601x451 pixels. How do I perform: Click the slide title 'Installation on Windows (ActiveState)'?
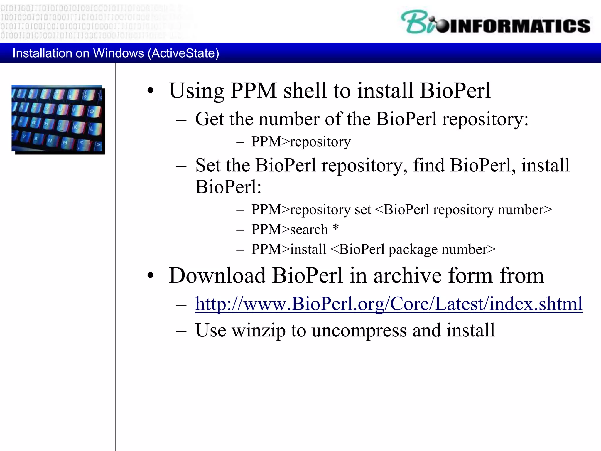point(116,53)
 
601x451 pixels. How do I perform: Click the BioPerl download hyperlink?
point(389,304)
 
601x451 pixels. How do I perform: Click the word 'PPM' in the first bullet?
point(254,90)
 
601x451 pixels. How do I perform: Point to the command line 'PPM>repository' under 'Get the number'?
point(301,142)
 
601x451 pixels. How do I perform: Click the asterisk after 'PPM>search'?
point(336,228)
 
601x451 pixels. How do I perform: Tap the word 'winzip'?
point(259,331)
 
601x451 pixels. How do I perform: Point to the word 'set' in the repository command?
point(363,210)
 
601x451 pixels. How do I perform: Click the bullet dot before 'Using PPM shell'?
point(151,91)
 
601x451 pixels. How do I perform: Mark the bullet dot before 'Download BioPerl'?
point(151,276)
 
